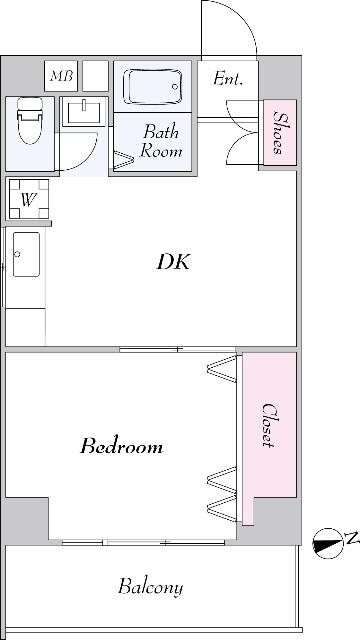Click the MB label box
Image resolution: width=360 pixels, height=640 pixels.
(x=61, y=76)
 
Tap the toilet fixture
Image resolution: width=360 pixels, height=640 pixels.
(x=30, y=120)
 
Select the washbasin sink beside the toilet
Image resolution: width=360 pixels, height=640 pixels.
(x=84, y=112)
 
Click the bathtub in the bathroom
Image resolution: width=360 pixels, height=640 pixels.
(x=153, y=87)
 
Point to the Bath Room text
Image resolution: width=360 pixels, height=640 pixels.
(x=160, y=141)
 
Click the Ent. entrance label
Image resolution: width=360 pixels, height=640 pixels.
(x=228, y=78)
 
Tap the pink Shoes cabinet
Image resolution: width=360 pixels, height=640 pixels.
(x=280, y=132)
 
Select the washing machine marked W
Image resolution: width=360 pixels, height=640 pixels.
(x=29, y=199)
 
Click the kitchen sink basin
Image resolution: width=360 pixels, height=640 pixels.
(x=26, y=254)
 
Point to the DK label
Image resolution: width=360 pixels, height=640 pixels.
(x=173, y=262)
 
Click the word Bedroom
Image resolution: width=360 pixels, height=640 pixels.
(x=121, y=446)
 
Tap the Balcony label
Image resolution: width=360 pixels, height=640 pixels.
(x=150, y=587)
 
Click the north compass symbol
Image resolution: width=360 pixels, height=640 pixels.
(x=327, y=544)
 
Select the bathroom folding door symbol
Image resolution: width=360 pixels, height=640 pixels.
(x=124, y=160)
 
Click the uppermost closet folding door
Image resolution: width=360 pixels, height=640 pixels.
(x=222, y=369)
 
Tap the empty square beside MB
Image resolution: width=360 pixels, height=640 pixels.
(x=96, y=76)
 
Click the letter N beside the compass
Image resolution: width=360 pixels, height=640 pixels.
(x=353, y=539)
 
